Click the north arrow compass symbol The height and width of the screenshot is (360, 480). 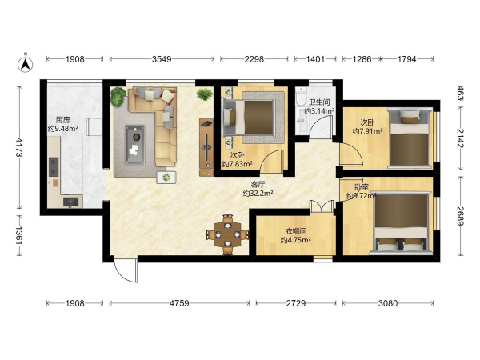(26, 63)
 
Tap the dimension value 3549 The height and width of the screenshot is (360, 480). (162, 59)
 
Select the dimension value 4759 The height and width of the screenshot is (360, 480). (179, 303)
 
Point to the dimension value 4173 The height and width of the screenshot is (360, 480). (19, 147)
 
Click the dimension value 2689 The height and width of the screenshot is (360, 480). (461, 215)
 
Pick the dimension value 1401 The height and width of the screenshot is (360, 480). (315, 59)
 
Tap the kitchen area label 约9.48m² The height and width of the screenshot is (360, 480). (62, 129)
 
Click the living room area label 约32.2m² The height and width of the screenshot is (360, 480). (258, 193)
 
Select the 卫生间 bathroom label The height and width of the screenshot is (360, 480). (319, 102)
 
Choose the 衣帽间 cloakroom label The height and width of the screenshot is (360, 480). (296, 231)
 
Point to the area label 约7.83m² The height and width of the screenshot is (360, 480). (238, 164)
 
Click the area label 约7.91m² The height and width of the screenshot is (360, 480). (367, 131)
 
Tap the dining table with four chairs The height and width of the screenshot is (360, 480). (227, 234)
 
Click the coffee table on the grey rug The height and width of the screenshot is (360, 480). (135, 145)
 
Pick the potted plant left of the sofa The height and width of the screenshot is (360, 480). (118, 97)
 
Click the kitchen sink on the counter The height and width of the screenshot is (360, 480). (70, 202)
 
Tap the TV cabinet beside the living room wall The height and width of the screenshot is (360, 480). (206, 147)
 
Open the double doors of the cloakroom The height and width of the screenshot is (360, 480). (321, 206)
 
